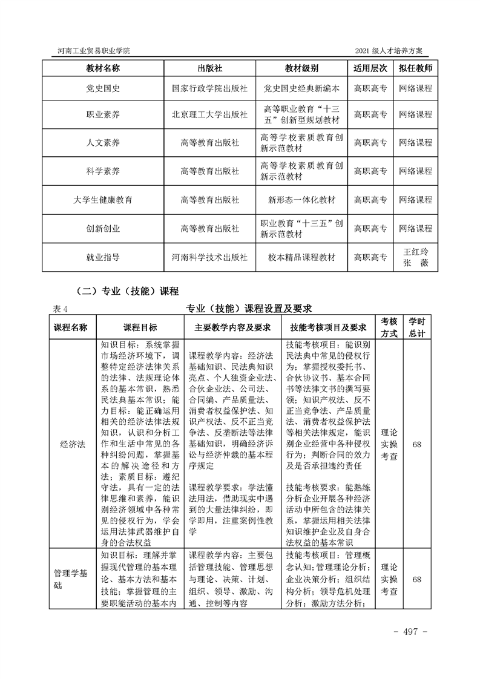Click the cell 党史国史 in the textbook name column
tap(103, 88)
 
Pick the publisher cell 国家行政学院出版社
tap(209, 88)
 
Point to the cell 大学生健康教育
tap(103, 200)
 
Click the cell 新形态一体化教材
tap(301, 200)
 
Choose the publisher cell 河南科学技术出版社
tap(209, 257)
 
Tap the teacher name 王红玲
tap(416, 251)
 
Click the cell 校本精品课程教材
tap(301, 257)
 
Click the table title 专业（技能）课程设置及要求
tap(249, 308)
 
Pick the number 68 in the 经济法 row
tap(416, 444)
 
